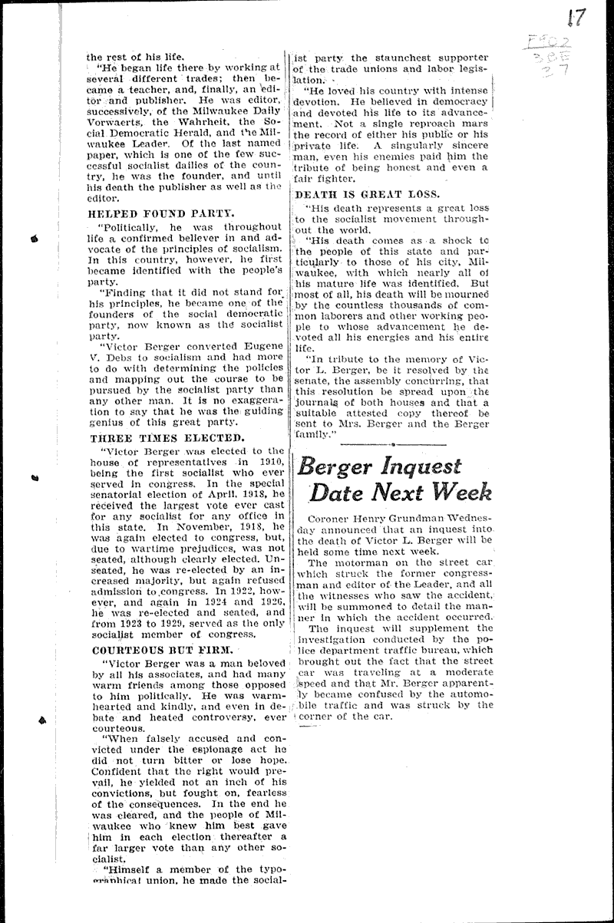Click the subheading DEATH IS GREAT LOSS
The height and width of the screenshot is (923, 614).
(x=367, y=194)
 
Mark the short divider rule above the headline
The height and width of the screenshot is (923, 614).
(x=392, y=443)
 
